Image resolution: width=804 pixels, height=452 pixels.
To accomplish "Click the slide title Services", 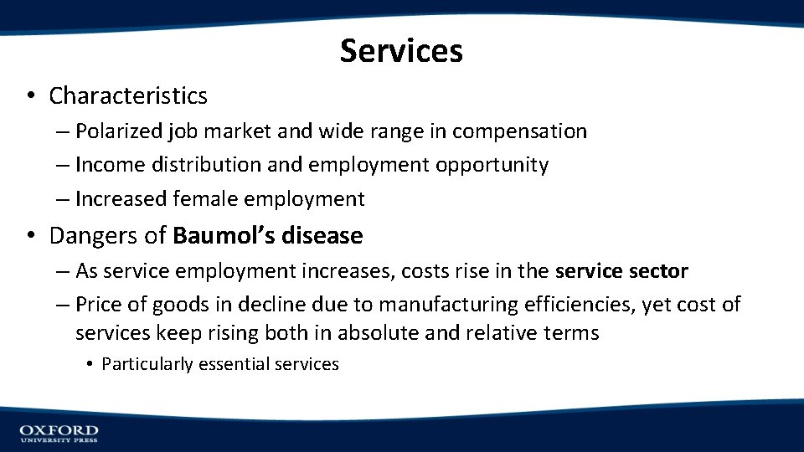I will (x=401, y=51).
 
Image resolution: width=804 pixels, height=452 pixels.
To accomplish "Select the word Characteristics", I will (x=128, y=96).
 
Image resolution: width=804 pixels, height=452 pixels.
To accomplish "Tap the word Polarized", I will (x=113, y=131).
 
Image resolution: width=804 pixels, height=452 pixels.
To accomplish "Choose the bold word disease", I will (x=322, y=236).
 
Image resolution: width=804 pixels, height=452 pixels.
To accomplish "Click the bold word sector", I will (x=661, y=271).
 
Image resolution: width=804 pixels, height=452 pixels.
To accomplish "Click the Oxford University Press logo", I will (x=59, y=433).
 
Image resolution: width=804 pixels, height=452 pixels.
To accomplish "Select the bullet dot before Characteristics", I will (x=29, y=96).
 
